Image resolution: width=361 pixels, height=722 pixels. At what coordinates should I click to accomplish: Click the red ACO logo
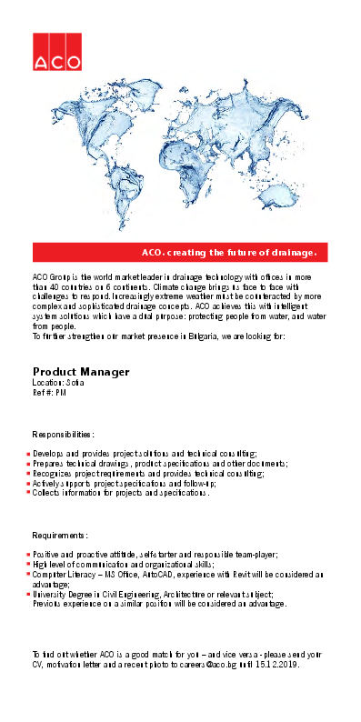click(x=56, y=52)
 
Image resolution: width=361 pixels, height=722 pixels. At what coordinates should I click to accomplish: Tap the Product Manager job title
click(x=81, y=372)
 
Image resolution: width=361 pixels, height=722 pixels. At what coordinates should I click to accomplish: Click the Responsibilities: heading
click(x=64, y=436)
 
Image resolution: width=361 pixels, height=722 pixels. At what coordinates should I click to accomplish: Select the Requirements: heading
click(x=61, y=536)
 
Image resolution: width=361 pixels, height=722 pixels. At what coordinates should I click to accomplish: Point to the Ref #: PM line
click(x=49, y=393)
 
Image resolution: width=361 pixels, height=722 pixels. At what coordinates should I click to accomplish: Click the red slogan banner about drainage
click(x=180, y=252)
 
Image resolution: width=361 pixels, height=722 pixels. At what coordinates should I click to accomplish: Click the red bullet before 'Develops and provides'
click(x=28, y=453)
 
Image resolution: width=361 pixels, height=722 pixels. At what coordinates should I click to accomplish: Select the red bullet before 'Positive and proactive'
click(x=28, y=554)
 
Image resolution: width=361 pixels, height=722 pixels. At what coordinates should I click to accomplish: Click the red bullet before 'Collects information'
click(x=28, y=494)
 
